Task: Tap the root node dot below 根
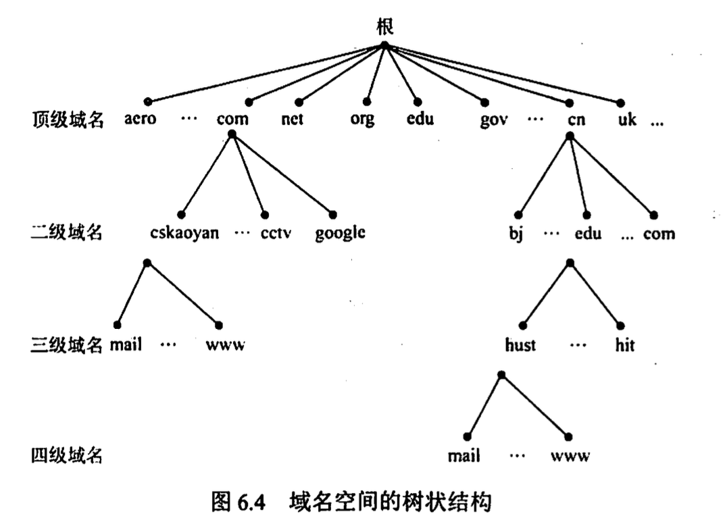pos(384,45)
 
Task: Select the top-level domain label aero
pos(141,120)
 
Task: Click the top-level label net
pos(293,120)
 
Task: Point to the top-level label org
pos(362,120)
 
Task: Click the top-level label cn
pos(576,120)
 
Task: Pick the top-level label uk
pos(627,120)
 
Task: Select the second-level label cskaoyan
pos(184,234)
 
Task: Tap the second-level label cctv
pos(276,234)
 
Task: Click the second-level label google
pos(340,234)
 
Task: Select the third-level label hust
pos(520,345)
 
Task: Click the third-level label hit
pos(624,345)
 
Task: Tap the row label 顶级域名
pos(67,120)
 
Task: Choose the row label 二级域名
pos(67,234)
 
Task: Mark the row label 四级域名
pos(67,456)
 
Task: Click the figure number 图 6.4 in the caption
pos(241,502)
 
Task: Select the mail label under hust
pos(464,456)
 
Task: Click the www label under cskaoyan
pos(226,345)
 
